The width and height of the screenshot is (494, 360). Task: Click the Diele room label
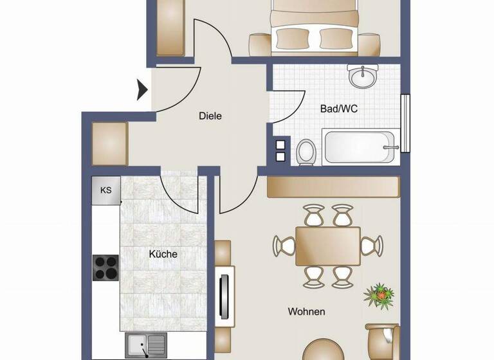pos(210,116)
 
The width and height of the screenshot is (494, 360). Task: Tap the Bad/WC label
pos(338,109)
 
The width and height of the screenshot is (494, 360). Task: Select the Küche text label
pos(163,254)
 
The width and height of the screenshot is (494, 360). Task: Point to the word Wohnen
pos(306,312)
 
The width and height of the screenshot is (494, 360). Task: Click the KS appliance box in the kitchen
pos(106,190)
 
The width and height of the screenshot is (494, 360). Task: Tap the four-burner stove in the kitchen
pos(105,267)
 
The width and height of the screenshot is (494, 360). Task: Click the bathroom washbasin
pos(364,77)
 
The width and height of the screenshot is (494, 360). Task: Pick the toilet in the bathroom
pos(306,152)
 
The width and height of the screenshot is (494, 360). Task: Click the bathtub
pos(358,147)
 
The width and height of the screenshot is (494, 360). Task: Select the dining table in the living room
pos(327,246)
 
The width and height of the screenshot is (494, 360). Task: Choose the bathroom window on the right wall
pos(405,123)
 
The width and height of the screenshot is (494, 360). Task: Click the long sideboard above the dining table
pos(333,186)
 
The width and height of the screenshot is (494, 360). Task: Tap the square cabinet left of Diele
pos(110,142)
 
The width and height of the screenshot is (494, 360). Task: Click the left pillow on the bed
pos(291,39)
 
